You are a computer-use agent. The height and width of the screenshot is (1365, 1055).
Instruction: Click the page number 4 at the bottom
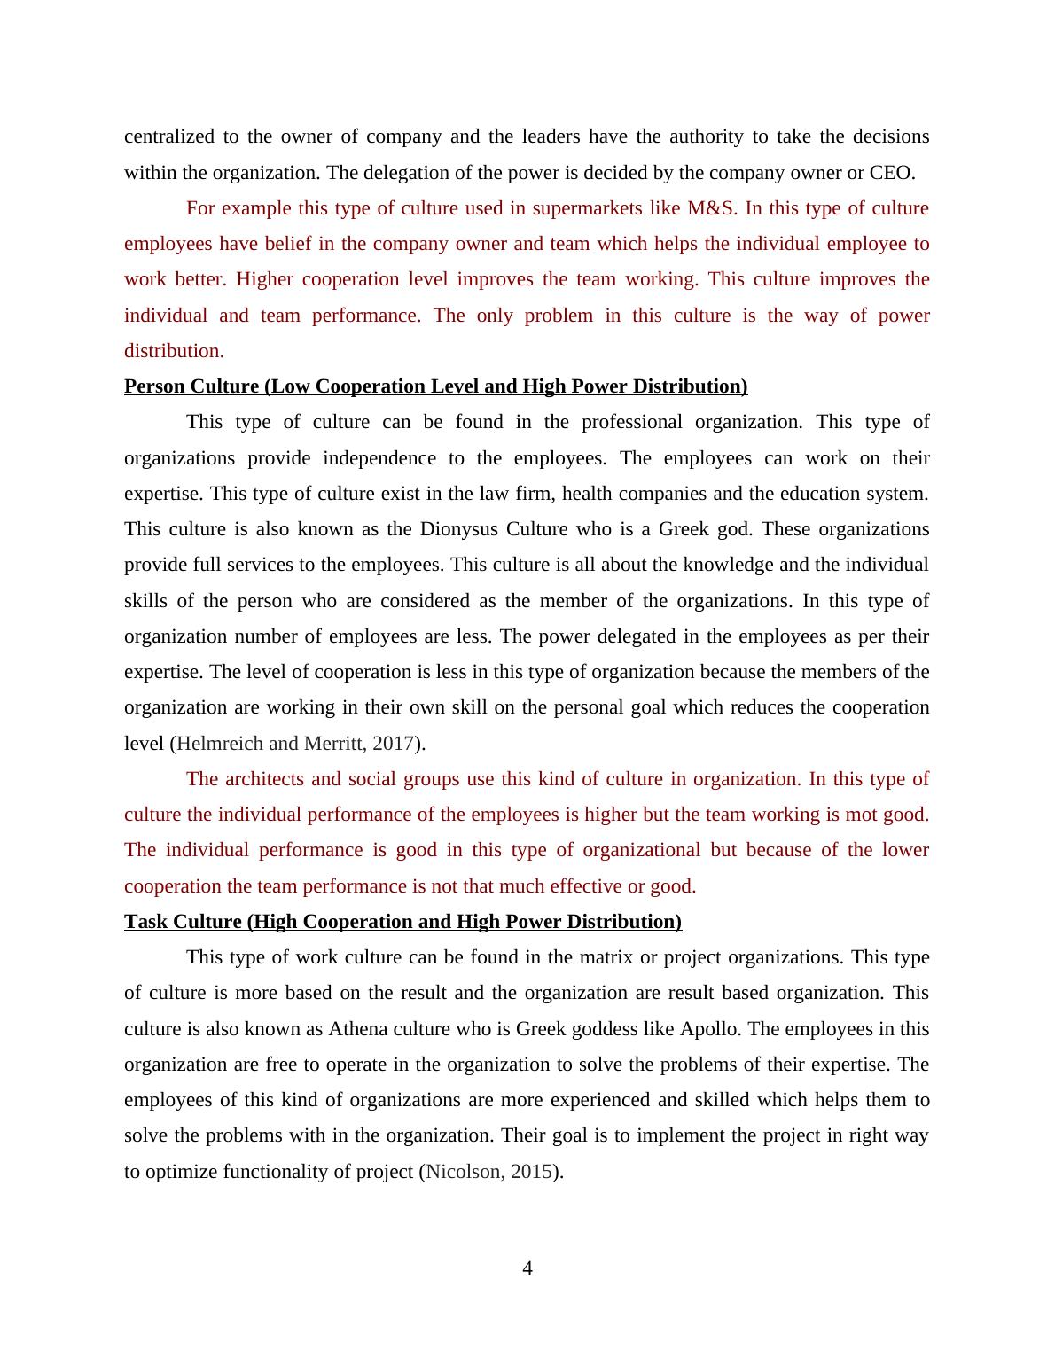click(527, 1268)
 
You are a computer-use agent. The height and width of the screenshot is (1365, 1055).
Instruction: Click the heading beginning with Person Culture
click(435, 386)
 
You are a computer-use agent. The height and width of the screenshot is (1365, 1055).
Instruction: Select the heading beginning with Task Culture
click(402, 922)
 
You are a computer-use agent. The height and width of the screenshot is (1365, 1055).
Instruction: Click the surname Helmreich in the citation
click(218, 744)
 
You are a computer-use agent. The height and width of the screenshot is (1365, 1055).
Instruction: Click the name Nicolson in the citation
click(463, 1172)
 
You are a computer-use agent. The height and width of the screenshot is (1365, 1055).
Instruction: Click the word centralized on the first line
click(168, 136)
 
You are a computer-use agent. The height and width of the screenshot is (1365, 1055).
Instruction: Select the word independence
click(379, 458)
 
